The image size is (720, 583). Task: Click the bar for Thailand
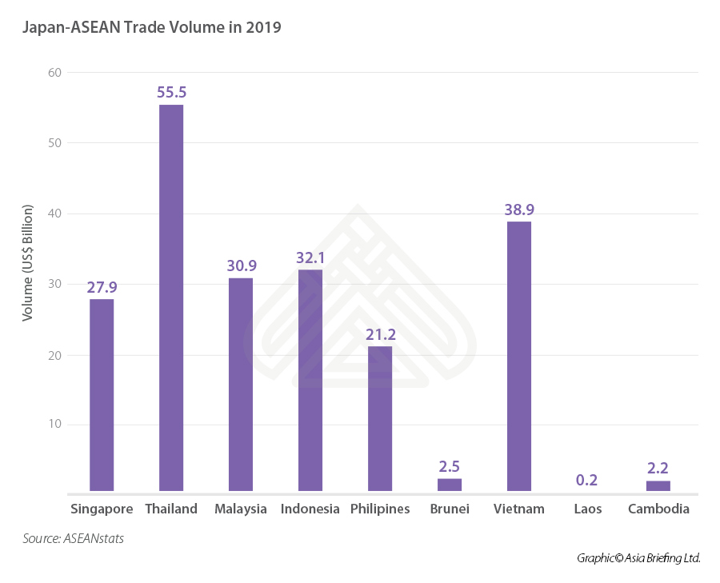(x=171, y=297)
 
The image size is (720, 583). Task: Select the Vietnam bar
(x=518, y=356)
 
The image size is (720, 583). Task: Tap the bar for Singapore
(x=102, y=394)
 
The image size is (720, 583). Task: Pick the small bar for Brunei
(x=449, y=485)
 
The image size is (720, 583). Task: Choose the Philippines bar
(x=380, y=418)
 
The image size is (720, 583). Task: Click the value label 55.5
(x=171, y=93)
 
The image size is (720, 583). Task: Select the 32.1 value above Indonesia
(x=310, y=258)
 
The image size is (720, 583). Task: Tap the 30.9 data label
(x=241, y=266)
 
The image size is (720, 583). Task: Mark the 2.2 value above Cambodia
(x=658, y=468)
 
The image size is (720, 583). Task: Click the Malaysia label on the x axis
(x=241, y=509)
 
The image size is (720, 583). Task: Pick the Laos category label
(x=588, y=509)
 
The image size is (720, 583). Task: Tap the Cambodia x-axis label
(x=658, y=509)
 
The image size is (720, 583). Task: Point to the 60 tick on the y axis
(x=54, y=73)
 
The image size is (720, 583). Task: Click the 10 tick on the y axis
(x=54, y=425)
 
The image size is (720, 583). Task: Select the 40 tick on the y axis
(x=54, y=214)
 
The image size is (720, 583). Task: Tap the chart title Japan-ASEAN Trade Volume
(x=151, y=28)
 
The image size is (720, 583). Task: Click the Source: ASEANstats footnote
(x=73, y=539)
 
